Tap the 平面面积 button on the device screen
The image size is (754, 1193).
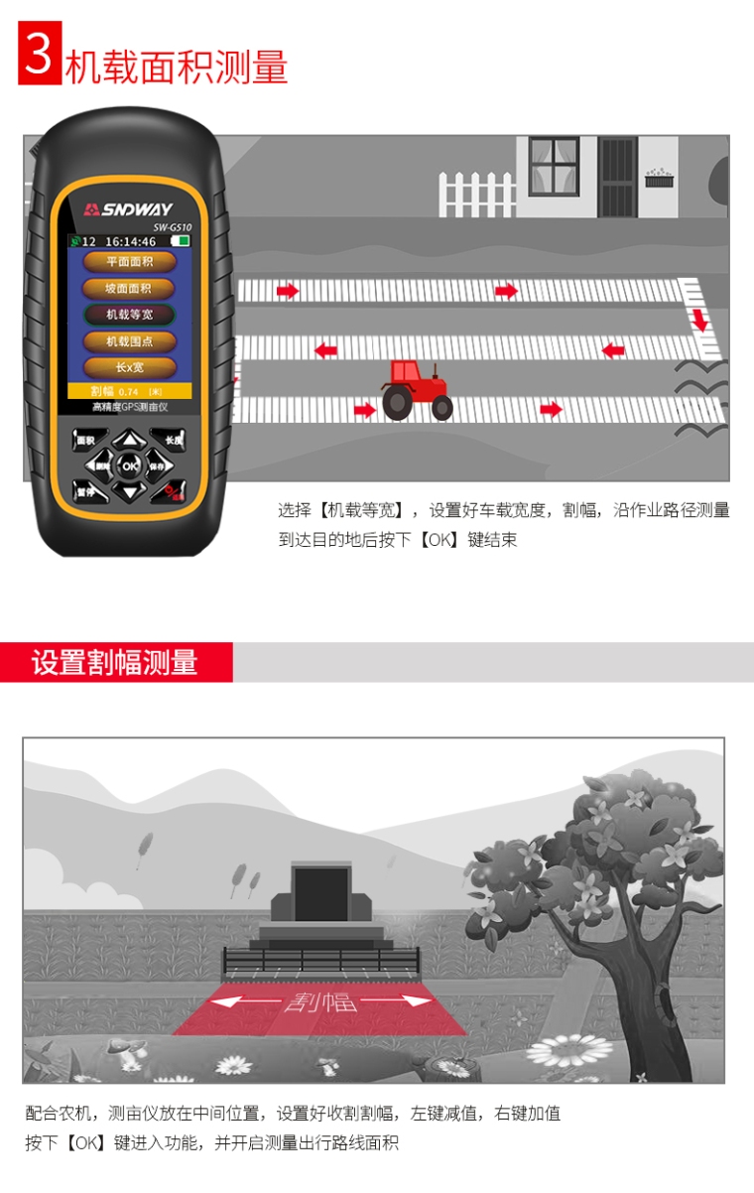(x=129, y=262)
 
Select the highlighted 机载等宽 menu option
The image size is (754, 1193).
(x=129, y=315)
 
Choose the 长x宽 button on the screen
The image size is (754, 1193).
(x=129, y=367)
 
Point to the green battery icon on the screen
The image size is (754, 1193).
(x=181, y=241)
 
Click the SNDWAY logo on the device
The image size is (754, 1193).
(x=129, y=209)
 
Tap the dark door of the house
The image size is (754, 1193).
(x=617, y=177)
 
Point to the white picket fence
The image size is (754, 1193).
(x=477, y=195)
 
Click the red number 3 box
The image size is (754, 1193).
(x=40, y=54)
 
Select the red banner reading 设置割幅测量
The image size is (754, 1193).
(x=116, y=662)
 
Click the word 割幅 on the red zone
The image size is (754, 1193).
(x=319, y=1001)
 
